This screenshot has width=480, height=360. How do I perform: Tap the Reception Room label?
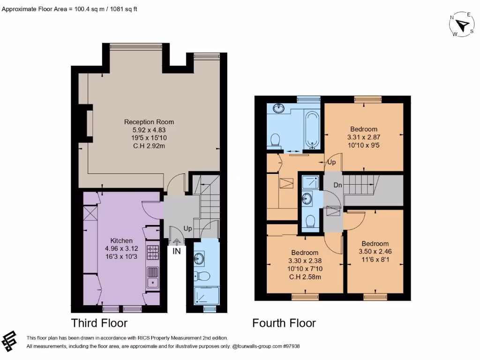click(x=149, y=122)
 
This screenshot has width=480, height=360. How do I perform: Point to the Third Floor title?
click(x=99, y=323)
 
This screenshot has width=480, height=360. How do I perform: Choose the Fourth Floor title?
click(x=284, y=323)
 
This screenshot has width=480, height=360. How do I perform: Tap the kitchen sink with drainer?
click(x=153, y=277)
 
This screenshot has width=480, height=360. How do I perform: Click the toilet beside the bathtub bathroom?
click(x=275, y=139)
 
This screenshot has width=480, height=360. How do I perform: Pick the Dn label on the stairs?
click(x=337, y=185)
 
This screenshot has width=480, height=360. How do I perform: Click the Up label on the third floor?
click(x=187, y=229)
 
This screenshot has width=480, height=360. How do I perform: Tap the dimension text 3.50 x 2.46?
click(x=375, y=251)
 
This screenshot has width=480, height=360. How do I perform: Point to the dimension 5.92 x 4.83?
click(x=149, y=130)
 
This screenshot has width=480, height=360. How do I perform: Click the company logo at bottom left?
click(x=10, y=341)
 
